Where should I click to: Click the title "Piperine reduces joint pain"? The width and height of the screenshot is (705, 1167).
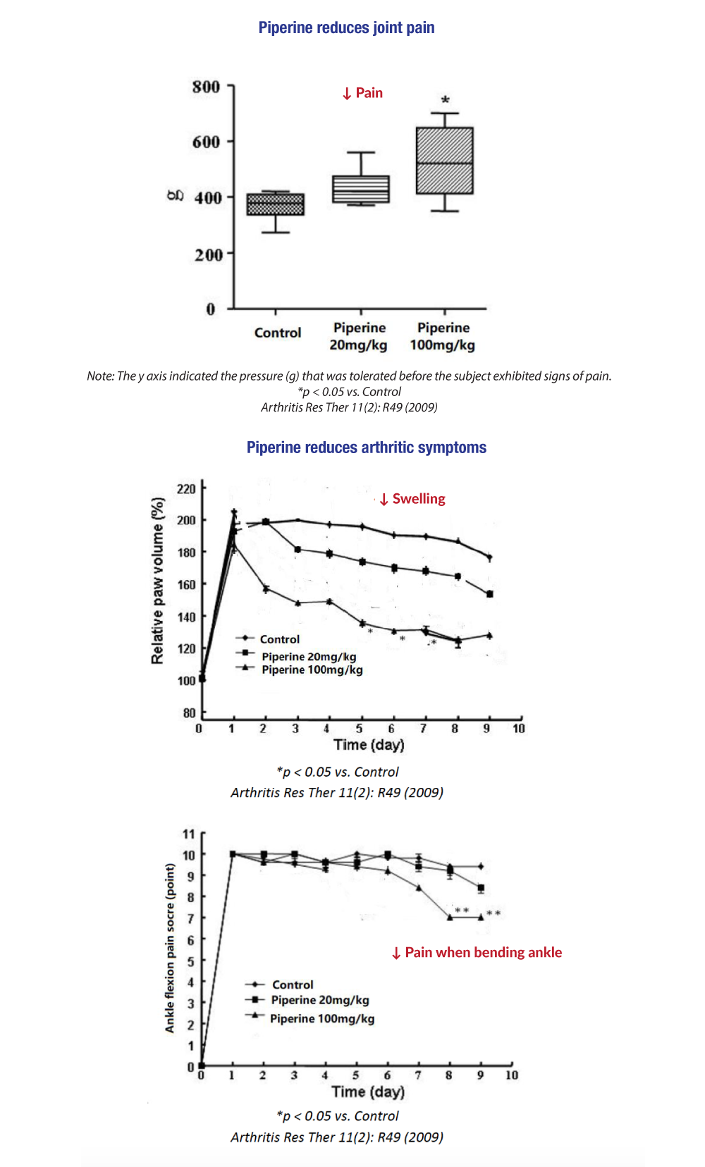point(347,27)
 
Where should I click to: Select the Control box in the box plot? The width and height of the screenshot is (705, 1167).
point(275,204)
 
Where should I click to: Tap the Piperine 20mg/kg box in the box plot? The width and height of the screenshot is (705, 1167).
point(361,189)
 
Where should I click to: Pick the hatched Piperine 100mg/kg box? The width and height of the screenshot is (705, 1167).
point(444,161)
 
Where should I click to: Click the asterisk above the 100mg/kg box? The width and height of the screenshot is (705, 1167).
point(445,100)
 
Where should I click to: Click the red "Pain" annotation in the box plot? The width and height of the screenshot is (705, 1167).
point(362,93)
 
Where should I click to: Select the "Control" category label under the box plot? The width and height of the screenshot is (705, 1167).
point(278,333)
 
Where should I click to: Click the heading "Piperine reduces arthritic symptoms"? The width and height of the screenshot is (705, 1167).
point(367,447)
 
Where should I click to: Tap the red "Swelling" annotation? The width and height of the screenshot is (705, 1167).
point(412,498)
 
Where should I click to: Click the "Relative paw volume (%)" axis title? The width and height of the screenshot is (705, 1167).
point(157,581)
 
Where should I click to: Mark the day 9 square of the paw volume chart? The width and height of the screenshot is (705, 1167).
point(490,594)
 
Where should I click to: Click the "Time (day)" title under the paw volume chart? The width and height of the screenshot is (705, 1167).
point(369,744)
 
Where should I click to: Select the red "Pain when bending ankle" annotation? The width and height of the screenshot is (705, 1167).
point(477,953)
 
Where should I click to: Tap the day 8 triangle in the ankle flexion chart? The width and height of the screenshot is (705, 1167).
point(450,918)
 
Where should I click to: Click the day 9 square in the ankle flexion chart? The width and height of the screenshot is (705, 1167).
point(481,888)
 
